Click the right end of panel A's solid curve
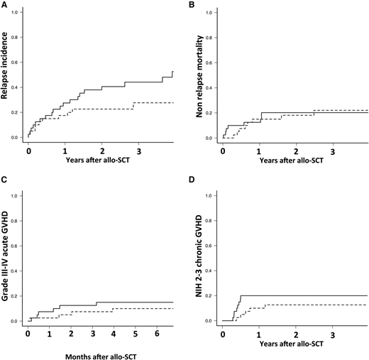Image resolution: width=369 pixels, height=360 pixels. click(x=173, y=72)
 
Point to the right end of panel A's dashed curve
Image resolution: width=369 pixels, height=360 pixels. click(x=173, y=103)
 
